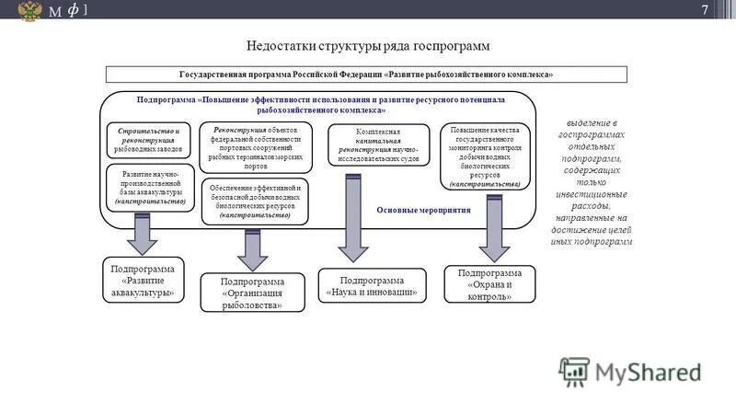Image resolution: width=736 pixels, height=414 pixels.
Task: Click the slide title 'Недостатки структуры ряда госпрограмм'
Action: click(368, 45)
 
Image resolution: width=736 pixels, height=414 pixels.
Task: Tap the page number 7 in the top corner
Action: click(705, 10)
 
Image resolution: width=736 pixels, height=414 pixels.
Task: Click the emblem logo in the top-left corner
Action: click(30, 11)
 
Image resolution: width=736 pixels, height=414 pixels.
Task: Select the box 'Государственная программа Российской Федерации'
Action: click(366, 74)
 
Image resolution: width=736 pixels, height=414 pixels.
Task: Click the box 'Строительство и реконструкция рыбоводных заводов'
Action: click(149, 138)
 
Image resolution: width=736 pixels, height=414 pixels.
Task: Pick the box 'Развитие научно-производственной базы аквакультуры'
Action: click(150, 187)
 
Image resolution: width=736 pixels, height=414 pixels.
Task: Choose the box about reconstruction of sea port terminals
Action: click(257, 148)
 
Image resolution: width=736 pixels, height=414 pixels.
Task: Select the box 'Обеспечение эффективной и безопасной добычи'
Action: click(257, 200)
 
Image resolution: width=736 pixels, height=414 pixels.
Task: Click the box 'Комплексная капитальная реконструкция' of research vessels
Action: click(379, 144)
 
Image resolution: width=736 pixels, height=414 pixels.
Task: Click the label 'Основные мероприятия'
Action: click(423, 211)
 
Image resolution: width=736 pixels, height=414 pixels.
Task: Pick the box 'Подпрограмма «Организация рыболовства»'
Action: click(251, 293)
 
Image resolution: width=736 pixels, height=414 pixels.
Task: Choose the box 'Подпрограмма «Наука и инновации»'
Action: click(372, 286)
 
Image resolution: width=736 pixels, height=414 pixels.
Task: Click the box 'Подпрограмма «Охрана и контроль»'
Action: click(489, 284)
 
